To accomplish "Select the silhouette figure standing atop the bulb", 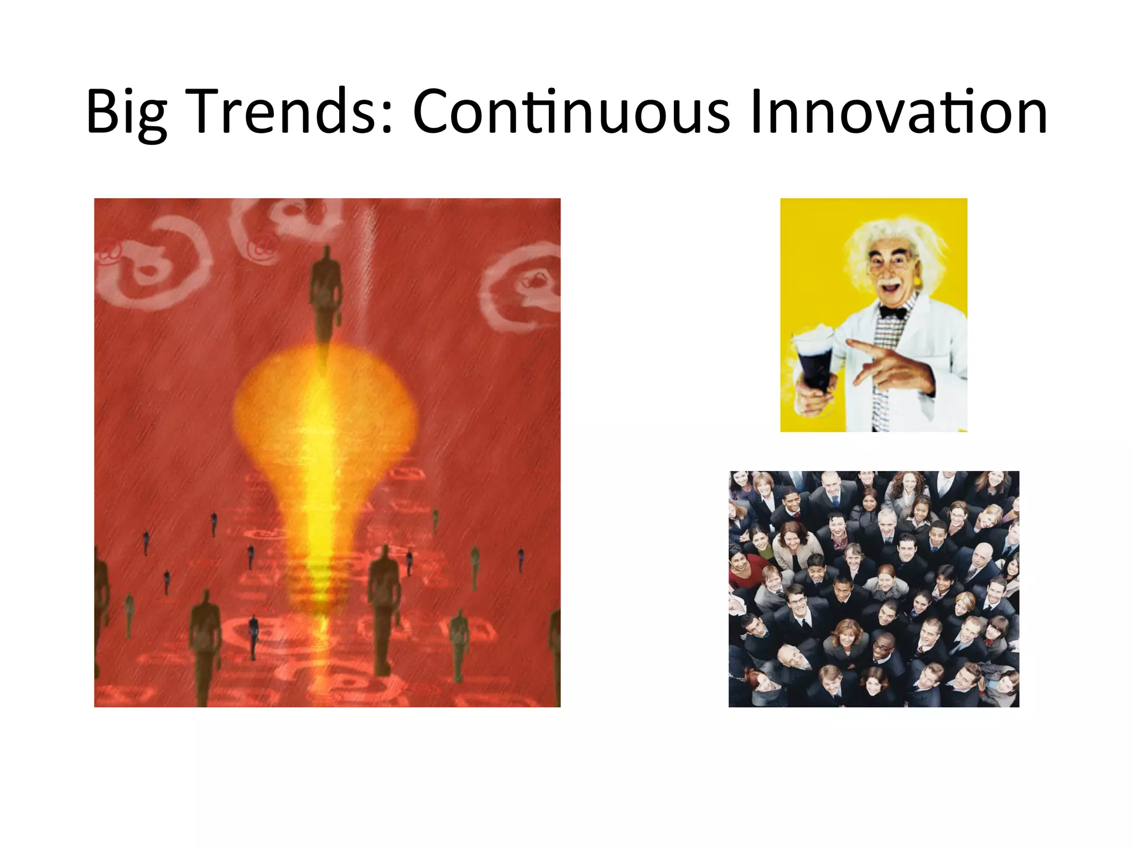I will tap(326, 293).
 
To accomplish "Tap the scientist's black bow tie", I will tap(892, 312).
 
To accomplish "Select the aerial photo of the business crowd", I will tap(874, 589).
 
